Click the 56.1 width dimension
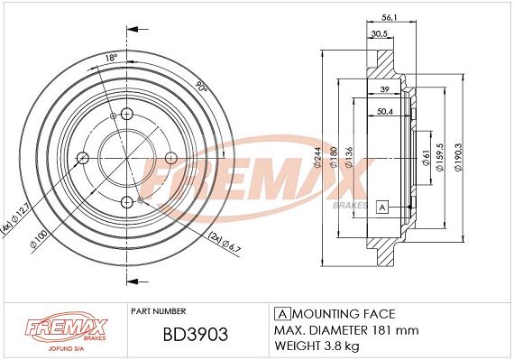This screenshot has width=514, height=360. click(390, 18)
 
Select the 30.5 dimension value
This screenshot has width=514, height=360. click(380, 33)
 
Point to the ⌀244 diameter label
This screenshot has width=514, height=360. click(317, 159)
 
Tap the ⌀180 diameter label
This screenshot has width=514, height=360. click(334, 157)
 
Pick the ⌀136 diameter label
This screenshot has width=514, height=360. click(349, 157)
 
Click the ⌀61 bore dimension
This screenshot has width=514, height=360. click(426, 158)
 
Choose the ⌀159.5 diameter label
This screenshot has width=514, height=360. click(439, 157)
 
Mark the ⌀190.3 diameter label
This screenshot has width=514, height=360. click(458, 157)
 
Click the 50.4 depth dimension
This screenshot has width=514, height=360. click(384, 112)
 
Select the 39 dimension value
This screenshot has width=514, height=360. click(384, 89)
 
